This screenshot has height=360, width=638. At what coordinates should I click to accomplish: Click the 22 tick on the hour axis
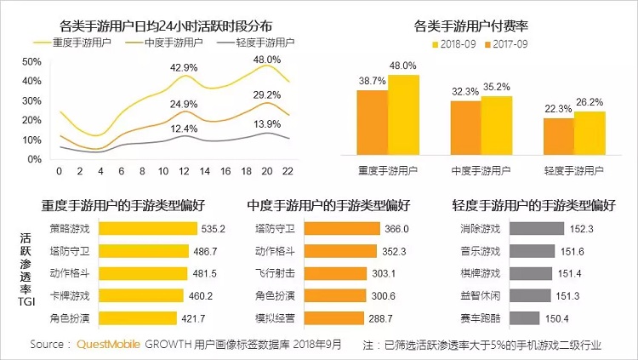pyautogui.click(x=288, y=171)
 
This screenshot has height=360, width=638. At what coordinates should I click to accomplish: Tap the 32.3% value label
pyautogui.click(x=464, y=91)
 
